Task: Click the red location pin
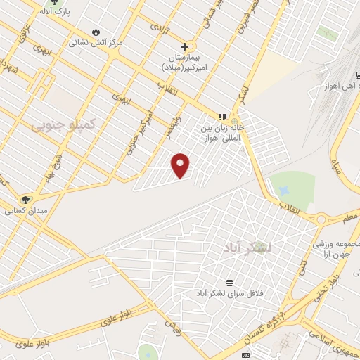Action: (x=181, y=165)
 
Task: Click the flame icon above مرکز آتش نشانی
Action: (x=95, y=32)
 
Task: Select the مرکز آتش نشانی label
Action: (x=95, y=42)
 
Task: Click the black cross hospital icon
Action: (x=184, y=46)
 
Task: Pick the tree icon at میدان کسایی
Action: (x=26, y=200)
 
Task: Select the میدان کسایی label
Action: (x=25, y=210)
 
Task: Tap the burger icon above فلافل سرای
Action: (x=229, y=281)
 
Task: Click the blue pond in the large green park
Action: (x=284, y=190)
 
